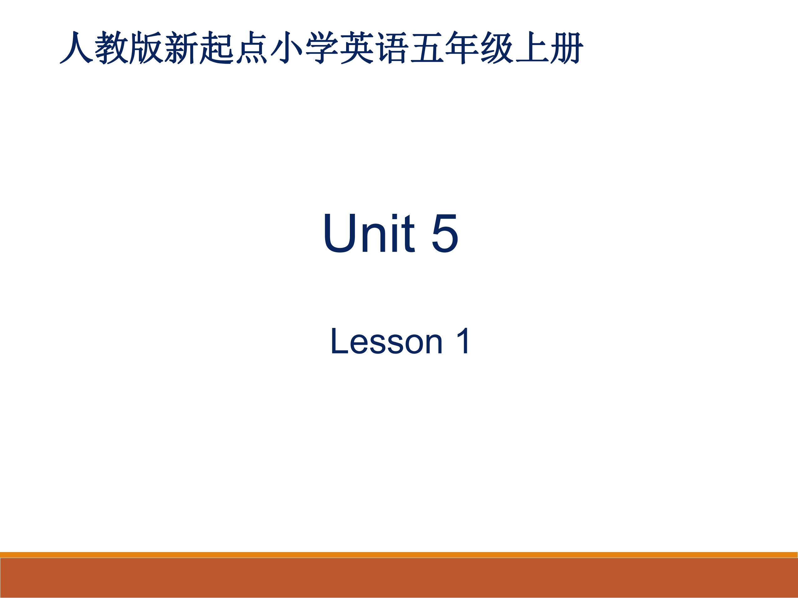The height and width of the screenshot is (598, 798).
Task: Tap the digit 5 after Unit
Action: pyautogui.click(x=444, y=233)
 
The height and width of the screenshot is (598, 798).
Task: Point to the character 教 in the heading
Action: pyautogui.click(x=111, y=48)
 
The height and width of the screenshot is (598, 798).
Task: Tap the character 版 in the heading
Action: pyautogui.click(x=146, y=48)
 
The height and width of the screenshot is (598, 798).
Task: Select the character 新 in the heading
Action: pyautogui.click(x=182, y=48)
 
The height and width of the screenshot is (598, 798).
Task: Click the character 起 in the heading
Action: pyautogui.click(x=217, y=48)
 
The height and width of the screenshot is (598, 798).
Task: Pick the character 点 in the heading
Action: pyautogui.click(x=252, y=48)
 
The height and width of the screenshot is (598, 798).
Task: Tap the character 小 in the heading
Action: pyautogui.click(x=286, y=48)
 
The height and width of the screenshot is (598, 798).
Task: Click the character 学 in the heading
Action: pyautogui.click(x=321, y=48)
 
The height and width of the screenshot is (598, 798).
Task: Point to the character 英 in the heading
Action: pyautogui.click(x=356, y=48)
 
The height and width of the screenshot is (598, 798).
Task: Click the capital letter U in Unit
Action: pyautogui.click(x=340, y=233)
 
